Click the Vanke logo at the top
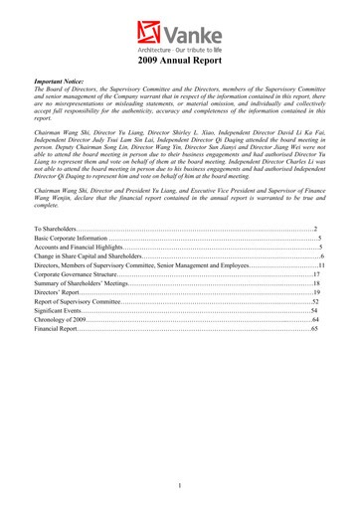point(180,30)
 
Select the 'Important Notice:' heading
point(63,86)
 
